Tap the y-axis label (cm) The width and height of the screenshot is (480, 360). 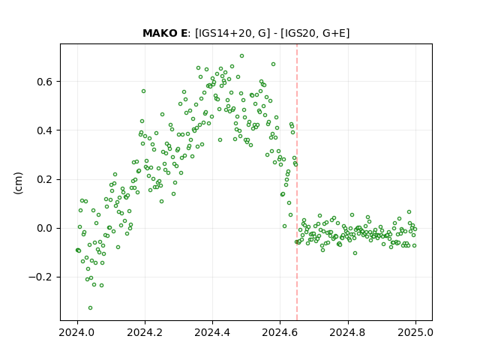(x=18, y=182)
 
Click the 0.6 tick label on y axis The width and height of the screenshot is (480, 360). (x=44, y=82)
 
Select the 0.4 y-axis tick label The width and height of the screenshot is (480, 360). (x=44, y=130)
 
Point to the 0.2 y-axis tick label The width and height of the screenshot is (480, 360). (x=44, y=180)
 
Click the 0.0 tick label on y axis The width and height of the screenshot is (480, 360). (x=44, y=228)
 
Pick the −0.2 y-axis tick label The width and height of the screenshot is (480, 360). (x=40, y=277)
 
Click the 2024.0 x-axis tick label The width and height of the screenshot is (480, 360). (x=77, y=332)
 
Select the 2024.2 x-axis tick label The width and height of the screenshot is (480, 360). (x=145, y=332)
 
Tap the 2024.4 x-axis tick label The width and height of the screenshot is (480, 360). (x=212, y=332)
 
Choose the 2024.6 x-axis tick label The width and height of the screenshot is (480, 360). (x=280, y=332)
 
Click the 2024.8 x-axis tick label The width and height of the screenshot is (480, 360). (x=348, y=332)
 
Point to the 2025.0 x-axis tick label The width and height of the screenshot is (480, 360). (x=415, y=332)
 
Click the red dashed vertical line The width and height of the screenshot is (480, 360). (x=297, y=182)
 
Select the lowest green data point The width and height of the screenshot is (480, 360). (x=90, y=308)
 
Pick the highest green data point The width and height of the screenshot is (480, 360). (x=241, y=56)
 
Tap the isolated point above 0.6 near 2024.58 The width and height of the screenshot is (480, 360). (x=273, y=64)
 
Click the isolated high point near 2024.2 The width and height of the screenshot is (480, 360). (x=143, y=91)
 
